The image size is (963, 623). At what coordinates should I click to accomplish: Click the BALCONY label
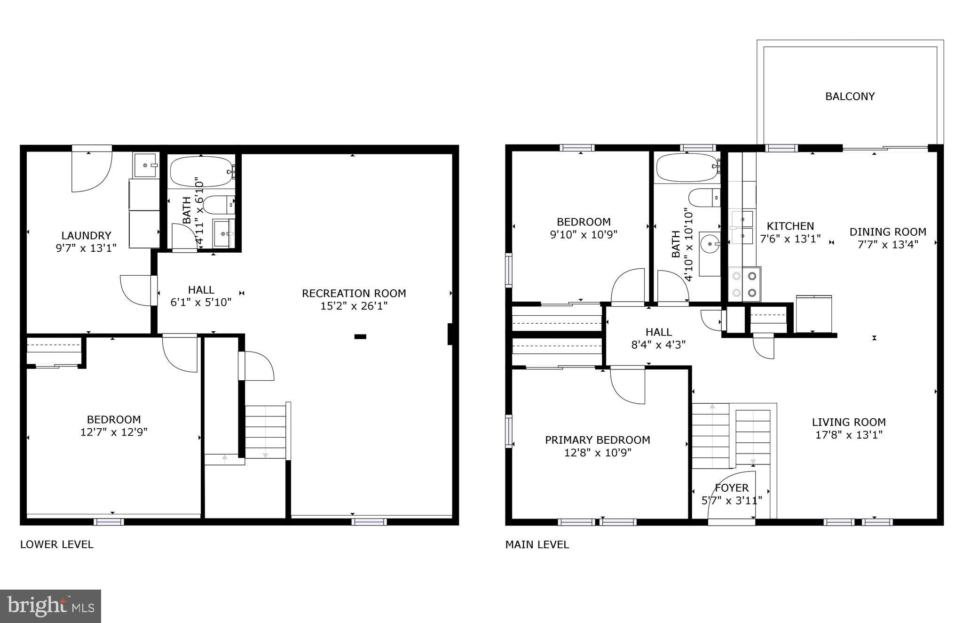850,96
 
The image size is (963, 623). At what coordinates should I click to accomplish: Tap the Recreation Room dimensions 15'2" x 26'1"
354,306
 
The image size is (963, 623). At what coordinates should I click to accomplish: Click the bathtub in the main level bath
687,167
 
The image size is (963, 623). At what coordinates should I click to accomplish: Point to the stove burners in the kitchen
744,285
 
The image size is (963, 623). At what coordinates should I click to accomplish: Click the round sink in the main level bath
709,243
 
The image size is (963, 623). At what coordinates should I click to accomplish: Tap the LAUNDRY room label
86,235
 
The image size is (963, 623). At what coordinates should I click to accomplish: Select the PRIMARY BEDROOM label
597,440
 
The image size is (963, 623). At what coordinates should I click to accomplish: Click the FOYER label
732,488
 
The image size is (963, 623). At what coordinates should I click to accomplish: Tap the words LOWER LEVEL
56,544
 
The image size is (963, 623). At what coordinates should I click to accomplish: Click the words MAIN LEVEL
537,545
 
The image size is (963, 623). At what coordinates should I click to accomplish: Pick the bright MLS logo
50,606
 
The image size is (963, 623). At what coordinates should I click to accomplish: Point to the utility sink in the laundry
146,165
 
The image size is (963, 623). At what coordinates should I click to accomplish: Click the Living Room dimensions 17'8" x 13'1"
848,435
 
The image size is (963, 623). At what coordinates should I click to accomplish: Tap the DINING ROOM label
887,232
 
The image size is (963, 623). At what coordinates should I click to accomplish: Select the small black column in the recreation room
360,336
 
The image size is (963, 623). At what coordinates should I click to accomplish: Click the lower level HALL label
201,290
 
